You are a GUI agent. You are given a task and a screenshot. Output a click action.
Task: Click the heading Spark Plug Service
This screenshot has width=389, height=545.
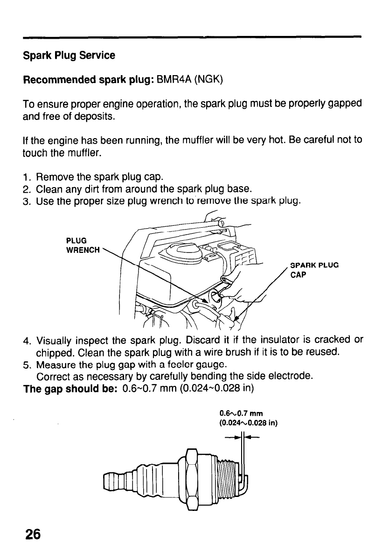[69, 56]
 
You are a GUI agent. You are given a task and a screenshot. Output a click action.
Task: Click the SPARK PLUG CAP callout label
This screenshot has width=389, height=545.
[313, 270]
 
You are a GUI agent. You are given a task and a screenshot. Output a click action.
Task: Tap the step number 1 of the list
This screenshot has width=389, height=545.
[27, 177]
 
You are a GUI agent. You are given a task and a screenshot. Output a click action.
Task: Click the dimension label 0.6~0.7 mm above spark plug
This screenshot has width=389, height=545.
[242, 413]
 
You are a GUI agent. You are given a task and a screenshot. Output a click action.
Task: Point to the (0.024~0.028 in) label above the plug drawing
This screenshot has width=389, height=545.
[249, 424]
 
